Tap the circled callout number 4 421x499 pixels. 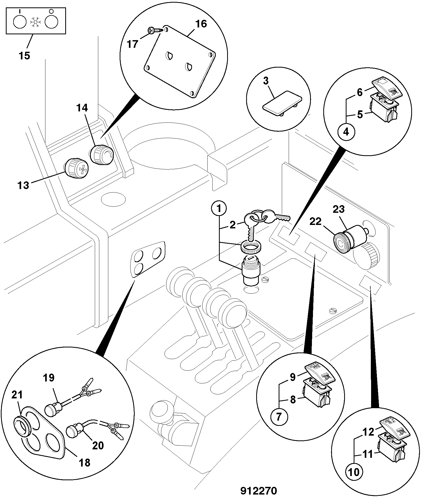click(346, 131)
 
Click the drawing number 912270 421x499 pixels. click(259, 491)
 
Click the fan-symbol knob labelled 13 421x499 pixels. click(77, 168)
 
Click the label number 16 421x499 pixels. click(201, 24)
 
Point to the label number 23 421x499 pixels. click(339, 209)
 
